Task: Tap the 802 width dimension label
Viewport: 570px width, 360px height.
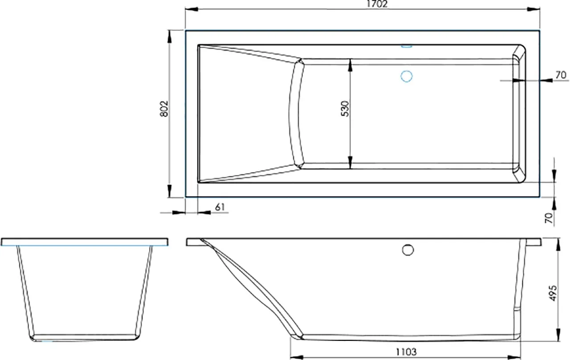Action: tap(164, 109)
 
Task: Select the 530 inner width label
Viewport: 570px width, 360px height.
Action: tap(346, 109)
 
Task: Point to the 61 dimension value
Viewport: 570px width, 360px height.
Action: tap(219, 207)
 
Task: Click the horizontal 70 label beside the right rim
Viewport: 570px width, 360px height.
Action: tap(561, 75)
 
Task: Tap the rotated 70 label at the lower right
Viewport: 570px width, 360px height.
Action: tap(549, 218)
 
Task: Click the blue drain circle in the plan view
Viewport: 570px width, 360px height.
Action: tap(406, 77)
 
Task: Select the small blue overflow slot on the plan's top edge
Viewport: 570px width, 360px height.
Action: tap(407, 45)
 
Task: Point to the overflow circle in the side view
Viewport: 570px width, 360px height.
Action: tap(408, 250)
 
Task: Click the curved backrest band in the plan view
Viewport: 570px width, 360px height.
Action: tap(295, 113)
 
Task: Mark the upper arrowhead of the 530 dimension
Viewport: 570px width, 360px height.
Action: tap(351, 63)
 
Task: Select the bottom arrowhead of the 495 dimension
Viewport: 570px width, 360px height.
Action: tap(558, 337)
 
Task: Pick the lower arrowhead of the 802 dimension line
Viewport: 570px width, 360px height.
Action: tap(170, 194)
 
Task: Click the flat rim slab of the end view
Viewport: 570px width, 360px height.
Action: tap(85, 242)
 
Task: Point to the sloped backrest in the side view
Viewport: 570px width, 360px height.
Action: tap(249, 280)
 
